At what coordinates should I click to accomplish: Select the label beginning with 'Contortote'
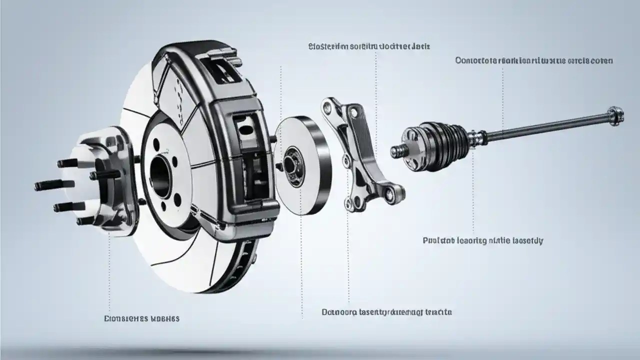534,60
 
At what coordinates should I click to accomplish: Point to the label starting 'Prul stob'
482,240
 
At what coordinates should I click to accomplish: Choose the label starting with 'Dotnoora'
386,312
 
